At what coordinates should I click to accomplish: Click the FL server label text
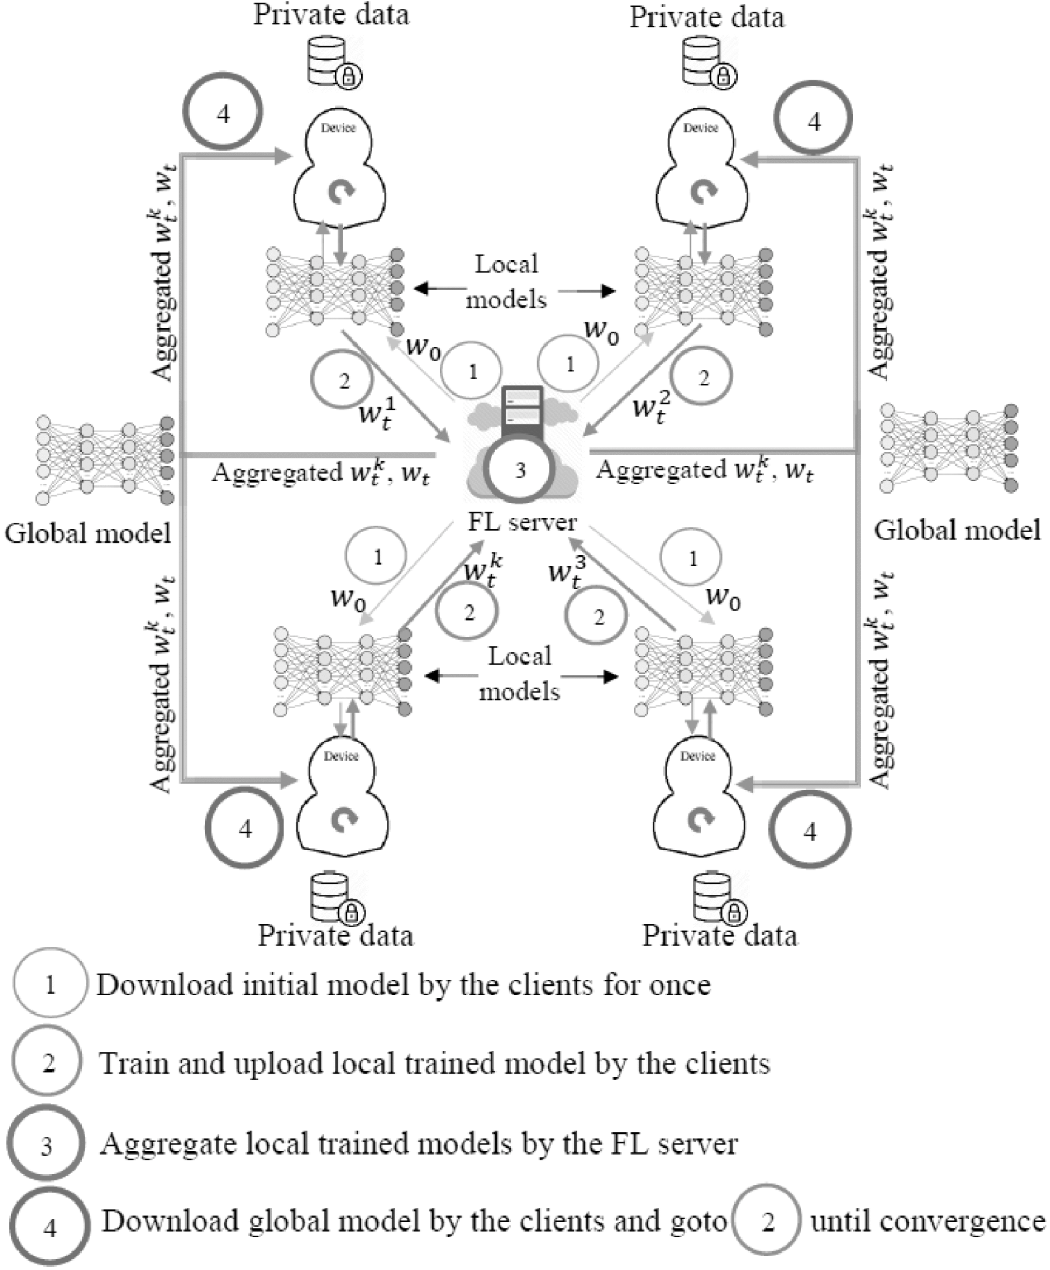coord(522,522)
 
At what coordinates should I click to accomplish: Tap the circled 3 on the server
coord(520,470)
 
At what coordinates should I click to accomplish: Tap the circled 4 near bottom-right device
coord(810,831)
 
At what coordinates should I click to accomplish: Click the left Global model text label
coord(88,533)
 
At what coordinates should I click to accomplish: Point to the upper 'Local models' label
coord(507,282)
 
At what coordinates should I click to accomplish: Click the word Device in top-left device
coord(338,128)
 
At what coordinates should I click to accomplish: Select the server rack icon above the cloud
coord(523,407)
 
